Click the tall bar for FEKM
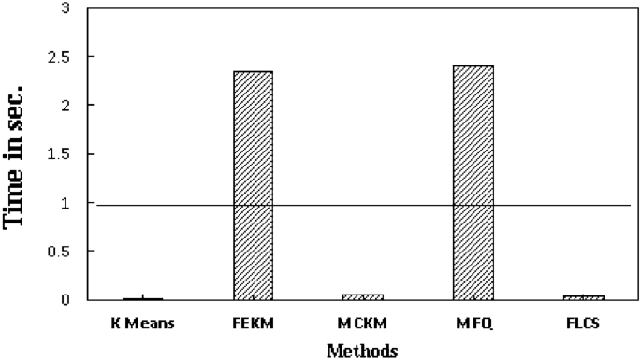click(254, 185)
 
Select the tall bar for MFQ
click(471, 182)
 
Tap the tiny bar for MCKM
click(362, 296)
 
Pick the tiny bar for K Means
click(144, 298)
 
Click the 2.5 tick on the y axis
click(58, 57)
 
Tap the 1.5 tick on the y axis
click(58, 154)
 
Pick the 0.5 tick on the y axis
click(58, 252)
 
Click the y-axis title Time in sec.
click(16, 154)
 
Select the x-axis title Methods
click(362, 350)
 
